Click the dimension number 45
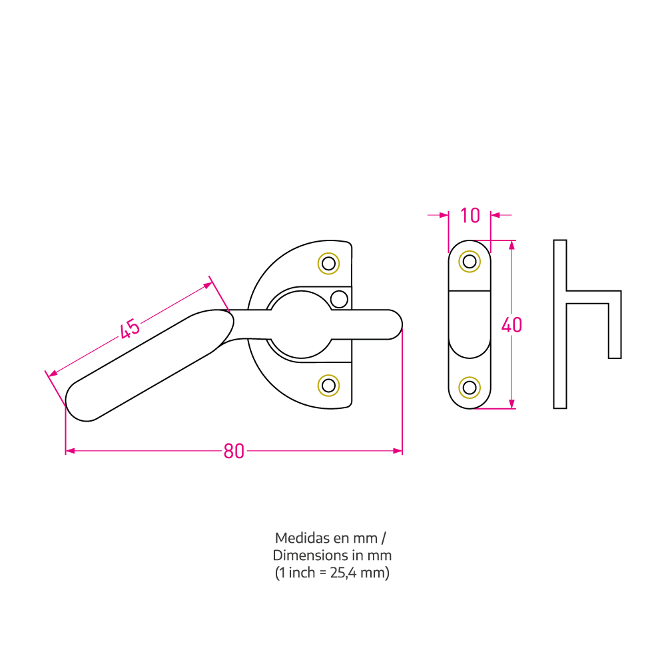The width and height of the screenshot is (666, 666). (130, 328)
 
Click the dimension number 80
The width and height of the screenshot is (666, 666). (234, 452)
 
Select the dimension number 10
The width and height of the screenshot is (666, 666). (470, 216)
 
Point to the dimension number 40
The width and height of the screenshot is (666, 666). (511, 326)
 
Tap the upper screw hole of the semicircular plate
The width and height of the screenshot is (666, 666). (329, 263)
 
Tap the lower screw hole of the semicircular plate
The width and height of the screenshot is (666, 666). (329, 386)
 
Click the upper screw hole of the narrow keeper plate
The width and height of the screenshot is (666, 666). (470, 262)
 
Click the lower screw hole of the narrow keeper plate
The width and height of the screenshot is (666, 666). (470, 388)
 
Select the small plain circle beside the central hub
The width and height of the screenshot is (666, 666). (339, 299)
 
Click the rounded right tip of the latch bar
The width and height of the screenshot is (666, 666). (397, 325)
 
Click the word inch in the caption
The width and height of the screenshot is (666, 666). (301, 573)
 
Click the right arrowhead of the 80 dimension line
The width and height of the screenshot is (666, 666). (398, 451)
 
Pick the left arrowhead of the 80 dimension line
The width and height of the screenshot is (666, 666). (70, 451)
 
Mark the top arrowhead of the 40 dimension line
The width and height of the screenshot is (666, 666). (511, 245)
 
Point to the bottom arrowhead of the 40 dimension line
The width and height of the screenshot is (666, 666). (511, 404)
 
